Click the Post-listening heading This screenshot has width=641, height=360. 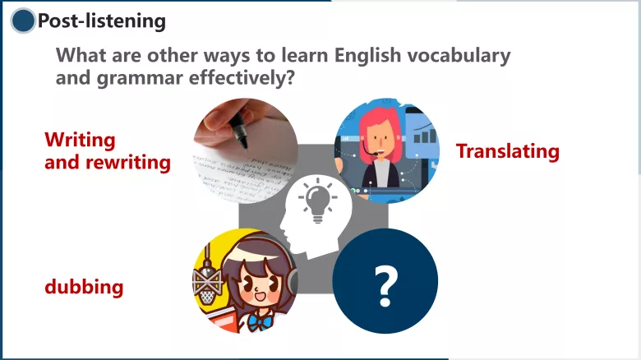point(101,21)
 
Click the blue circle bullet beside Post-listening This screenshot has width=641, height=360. point(24,21)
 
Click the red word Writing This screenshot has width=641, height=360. point(80,140)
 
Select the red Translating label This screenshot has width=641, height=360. point(507,151)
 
